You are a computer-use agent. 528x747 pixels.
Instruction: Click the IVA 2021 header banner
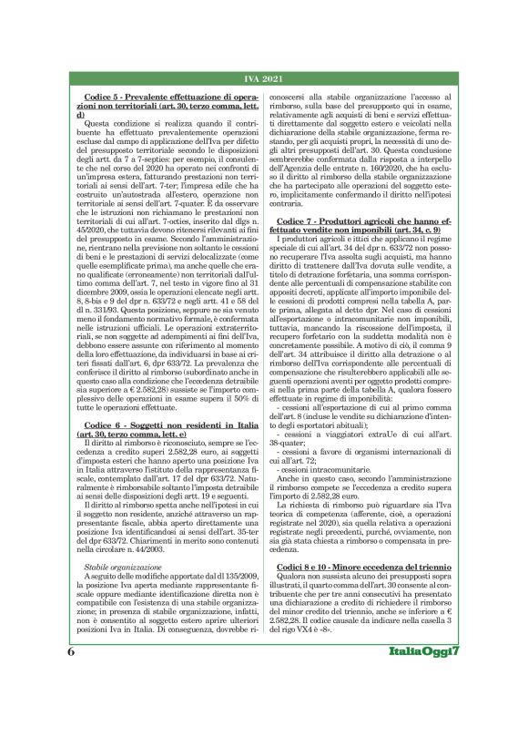pyautogui.click(x=263, y=79)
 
